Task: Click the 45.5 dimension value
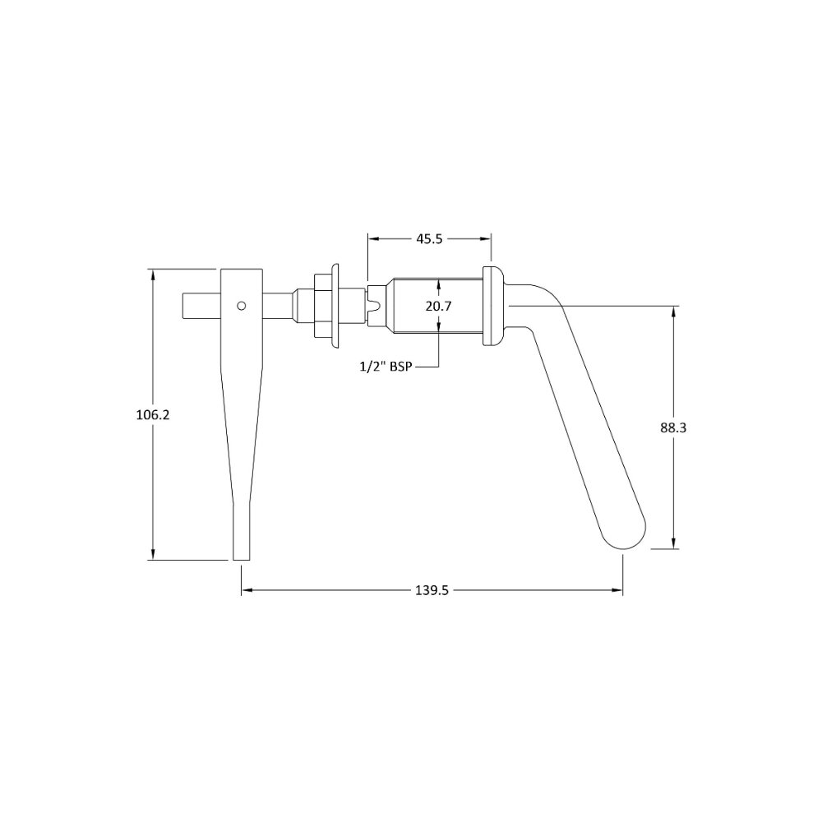coord(429,239)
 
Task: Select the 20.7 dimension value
coord(438,306)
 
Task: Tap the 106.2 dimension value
coord(153,414)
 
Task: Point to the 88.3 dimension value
coord(673,427)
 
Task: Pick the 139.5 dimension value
coord(432,590)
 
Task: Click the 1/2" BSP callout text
coord(386,367)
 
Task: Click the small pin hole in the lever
coord(241,306)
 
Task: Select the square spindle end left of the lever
coord(201,305)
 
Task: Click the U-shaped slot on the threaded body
coord(374,306)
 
